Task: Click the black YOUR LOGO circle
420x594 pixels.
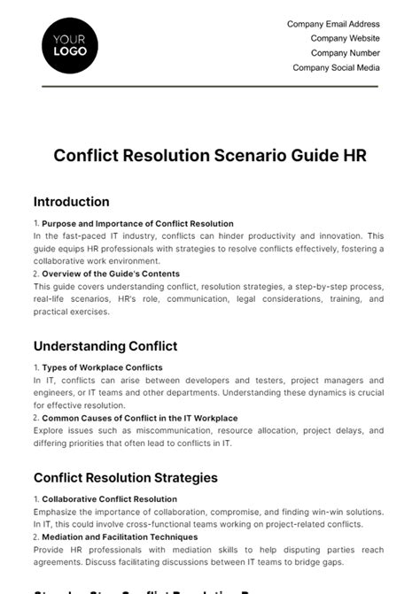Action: [x=70, y=44]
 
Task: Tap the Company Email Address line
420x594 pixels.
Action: [x=333, y=25]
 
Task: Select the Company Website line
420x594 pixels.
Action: [x=345, y=39]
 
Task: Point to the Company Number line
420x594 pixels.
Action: [x=345, y=53]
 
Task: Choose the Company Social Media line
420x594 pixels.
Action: [x=336, y=67]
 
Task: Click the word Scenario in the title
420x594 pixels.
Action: [x=241, y=155]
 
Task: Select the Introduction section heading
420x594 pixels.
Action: [x=71, y=202]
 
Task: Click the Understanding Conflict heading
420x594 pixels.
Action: [x=105, y=346]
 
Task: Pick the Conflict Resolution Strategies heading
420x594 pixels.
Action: [x=125, y=478]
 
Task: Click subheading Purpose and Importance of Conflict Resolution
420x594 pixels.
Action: [x=137, y=224]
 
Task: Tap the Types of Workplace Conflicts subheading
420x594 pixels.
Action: [x=102, y=367]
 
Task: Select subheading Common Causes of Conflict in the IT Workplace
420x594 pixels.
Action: [x=140, y=418]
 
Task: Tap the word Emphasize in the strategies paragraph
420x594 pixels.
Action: [x=57, y=512]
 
